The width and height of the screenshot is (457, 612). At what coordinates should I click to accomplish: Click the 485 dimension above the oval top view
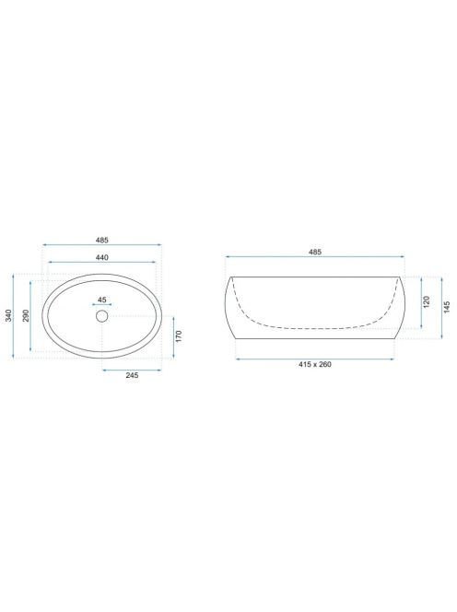[x=102, y=240]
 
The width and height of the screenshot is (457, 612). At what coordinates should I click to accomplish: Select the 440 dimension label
[x=102, y=257]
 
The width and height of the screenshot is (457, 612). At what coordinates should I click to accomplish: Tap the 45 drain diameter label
[x=102, y=300]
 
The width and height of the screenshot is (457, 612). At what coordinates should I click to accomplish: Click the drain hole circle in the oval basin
[x=102, y=316]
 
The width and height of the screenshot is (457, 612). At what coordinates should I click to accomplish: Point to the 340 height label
[x=8, y=315]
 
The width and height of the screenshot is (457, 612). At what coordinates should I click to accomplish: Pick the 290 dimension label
[x=26, y=315]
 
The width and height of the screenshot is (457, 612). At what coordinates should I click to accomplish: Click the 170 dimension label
[x=179, y=336]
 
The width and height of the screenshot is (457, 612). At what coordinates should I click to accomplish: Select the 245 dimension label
[x=132, y=375]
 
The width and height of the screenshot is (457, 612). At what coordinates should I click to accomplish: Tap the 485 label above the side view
[x=315, y=252]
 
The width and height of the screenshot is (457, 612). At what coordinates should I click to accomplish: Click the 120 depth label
[x=427, y=301]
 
